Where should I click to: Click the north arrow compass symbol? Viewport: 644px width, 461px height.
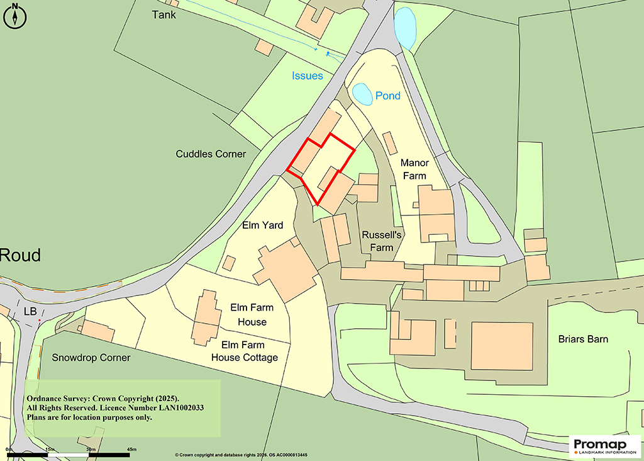[15, 16]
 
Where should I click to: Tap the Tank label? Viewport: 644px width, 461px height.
[164, 14]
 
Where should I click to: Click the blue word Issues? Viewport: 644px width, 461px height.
[307, 76]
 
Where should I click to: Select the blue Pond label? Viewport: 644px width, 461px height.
[387, 96]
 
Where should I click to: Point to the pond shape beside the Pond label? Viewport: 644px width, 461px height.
[362, 94]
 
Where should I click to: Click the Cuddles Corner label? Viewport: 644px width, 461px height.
[211, 154]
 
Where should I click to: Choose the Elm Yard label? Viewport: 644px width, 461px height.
[263, 225]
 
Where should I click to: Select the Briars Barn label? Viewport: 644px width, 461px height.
[583, 339]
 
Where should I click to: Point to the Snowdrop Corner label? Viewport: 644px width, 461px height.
[91, 358]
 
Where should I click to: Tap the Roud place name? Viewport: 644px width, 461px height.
[20, 255]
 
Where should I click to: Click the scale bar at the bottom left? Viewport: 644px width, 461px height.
[69, 453]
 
